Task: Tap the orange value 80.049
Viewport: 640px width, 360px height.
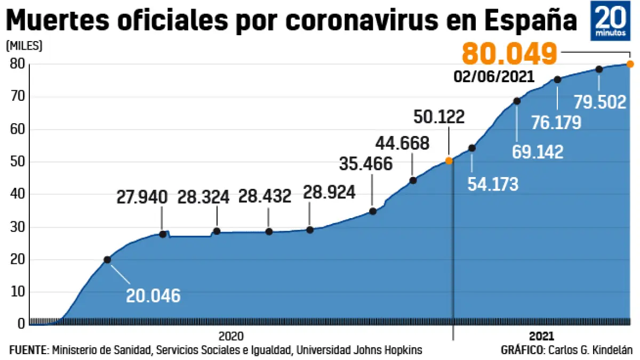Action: pyautogui.click(x=509, y=54)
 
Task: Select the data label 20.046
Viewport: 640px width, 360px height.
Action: pyautogui.click(x=153, y=295)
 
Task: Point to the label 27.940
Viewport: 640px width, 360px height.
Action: pyautogui.click(x=142, y=197)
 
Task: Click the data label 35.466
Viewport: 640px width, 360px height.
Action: pyautogui.click(x=365, y=163)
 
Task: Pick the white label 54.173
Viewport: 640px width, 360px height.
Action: pyautogui.click(x=492, y=183)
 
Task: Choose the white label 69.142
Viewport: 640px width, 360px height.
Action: pyautogui.click(x=538, y=152)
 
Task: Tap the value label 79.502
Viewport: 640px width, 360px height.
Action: pyautogui.click(x=600, y=101)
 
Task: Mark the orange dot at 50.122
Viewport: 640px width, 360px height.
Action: pyautogui.click(x=449, y=160)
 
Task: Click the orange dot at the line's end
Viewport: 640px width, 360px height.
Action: pyautogui.click(x=630, y=64)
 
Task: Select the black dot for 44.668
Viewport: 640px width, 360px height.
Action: pyautogui.click(x=413, y=180)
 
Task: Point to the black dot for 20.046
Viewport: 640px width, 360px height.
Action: pyautogui.click(x=107, y=260)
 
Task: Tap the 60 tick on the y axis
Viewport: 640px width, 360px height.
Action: pyautogui.click(x=17, y=130)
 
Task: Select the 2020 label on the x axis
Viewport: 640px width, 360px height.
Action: pyautogui.click(x=231, y=336)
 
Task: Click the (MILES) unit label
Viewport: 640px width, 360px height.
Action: pyautogui.click(x=24, y=46)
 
